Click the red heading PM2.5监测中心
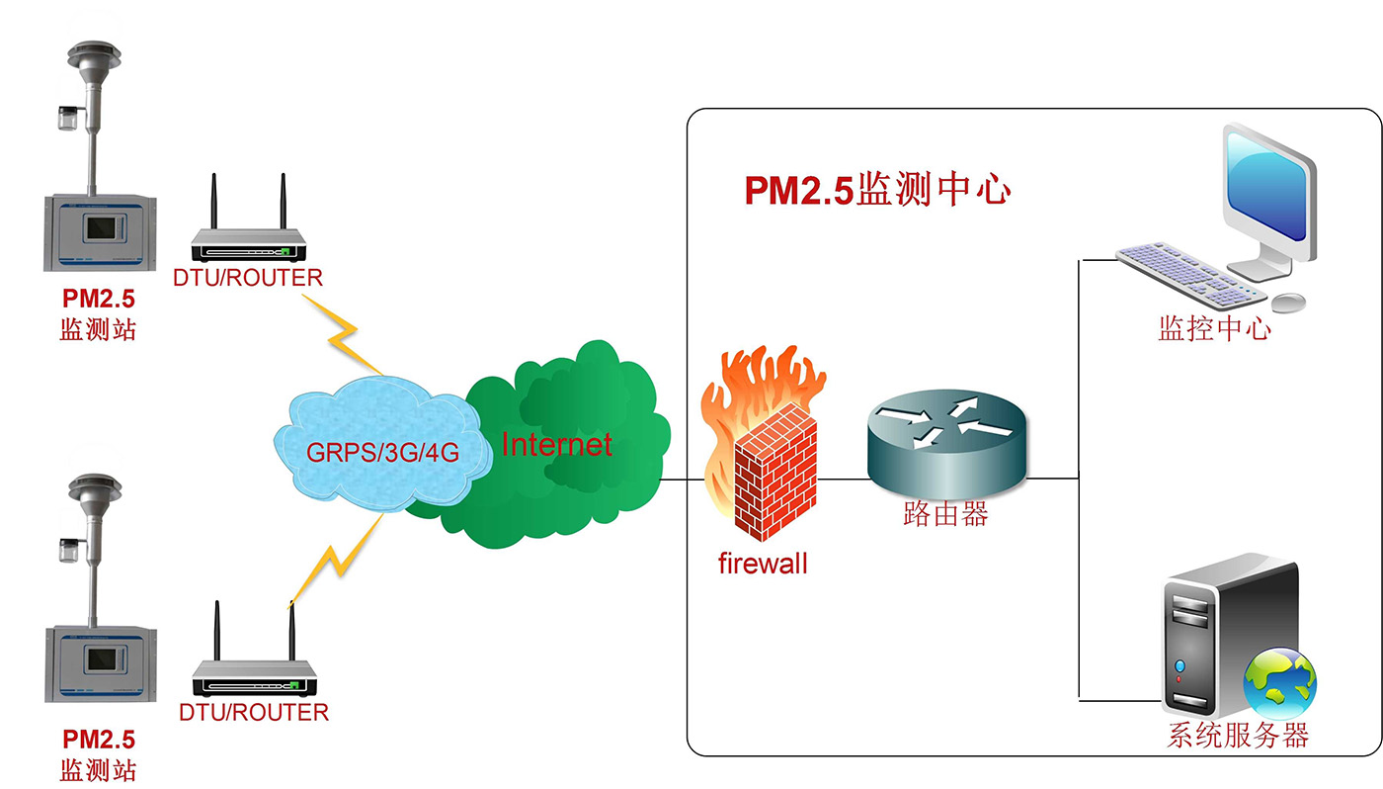[x=877, y=190]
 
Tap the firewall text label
[x=762, y=565]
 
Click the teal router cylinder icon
[x=946, y=446]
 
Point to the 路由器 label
[x=945, y=514]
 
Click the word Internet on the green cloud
[x=556, y=445]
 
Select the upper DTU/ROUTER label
[x=248, y=279]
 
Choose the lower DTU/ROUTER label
[x=254, y=712]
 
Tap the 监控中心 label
[x=1214, y=328]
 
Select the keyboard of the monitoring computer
[x=1190, y=272]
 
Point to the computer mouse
[x=1288, y=301]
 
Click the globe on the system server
[x=1279, y=682]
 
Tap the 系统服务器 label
[x=1238, y=736]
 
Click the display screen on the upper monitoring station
[x=102, y=229]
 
